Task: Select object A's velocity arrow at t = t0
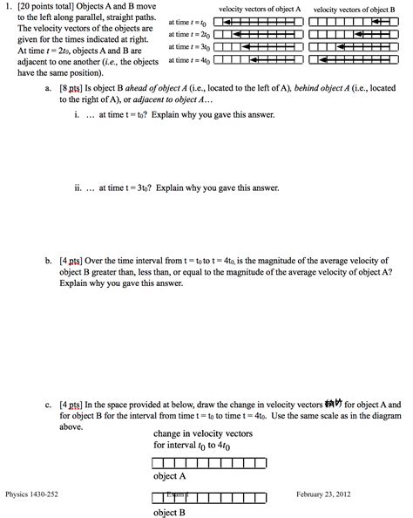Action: click(261, 21)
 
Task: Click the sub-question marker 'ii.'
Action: click(78, 187)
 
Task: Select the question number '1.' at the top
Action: click(9, 8)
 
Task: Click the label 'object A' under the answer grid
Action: click(171, 476)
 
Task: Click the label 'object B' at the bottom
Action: click(171, 512)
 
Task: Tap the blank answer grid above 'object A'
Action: click(195, 462)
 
